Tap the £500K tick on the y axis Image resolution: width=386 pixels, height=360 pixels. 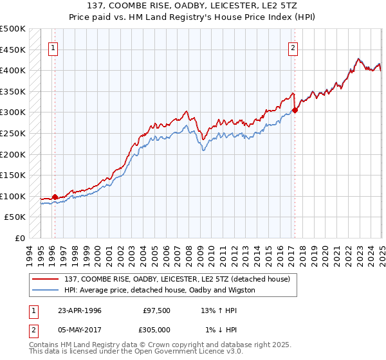tap(13, 29)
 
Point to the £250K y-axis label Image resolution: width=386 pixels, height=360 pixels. tap(13, 133)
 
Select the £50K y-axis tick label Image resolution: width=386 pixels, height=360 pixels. tap(15, 217)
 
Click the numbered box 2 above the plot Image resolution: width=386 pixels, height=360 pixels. tap(293, 47)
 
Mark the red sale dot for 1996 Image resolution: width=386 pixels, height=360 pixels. tap(55, 197)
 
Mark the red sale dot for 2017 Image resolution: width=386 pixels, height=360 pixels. tap(295, 111)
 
